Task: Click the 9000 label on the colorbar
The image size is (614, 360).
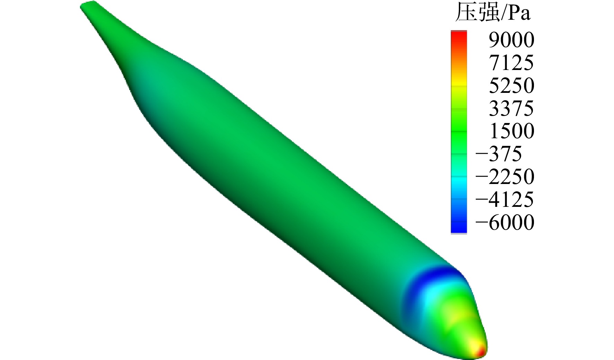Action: [x=511, y=40]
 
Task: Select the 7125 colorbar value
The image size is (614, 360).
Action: [x=511, y=63]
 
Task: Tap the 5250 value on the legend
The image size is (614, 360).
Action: [x=511, y=86]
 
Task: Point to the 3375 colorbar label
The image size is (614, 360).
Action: [x=511, y=109]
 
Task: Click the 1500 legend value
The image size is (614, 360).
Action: [x=511, y=131]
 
